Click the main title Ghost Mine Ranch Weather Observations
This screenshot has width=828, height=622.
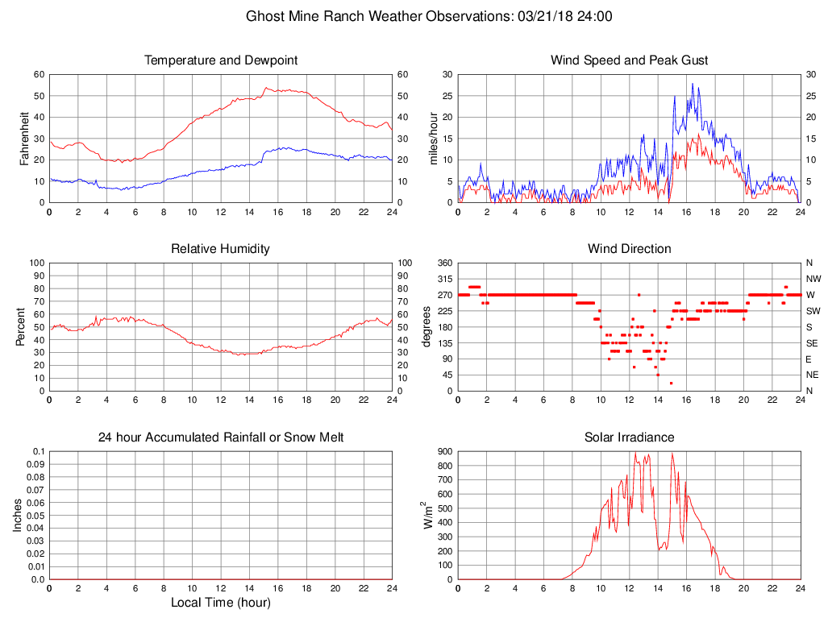pos(379,16)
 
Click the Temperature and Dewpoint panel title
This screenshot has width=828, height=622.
pos(221,60)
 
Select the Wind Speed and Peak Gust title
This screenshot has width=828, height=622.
pos(629,60)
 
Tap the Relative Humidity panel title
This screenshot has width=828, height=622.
pos(220,248)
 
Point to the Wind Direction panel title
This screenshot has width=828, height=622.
pos(630,248)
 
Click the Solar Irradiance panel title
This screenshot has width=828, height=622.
pos(629,437)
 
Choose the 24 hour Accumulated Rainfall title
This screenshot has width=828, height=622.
pos(221,437)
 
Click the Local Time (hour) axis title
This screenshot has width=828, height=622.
pos(221,603)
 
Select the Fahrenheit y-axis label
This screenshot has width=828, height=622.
pos(24,139)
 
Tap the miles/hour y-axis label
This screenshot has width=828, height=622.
pos(434,139)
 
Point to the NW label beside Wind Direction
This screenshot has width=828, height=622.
pos(813,279)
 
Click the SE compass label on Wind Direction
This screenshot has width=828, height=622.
pos(812,343)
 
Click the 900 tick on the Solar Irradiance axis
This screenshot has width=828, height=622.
pos(444,452)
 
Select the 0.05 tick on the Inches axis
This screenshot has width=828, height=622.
pos(36,516)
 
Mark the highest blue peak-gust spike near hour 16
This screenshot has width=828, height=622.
pos(693,83)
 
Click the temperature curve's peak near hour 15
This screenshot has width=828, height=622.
pos(265,88)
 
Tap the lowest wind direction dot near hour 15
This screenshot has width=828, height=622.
pos(671,383)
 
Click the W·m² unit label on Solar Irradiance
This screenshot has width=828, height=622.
pos(427,516)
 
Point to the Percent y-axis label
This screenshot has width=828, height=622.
pos(20,327)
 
